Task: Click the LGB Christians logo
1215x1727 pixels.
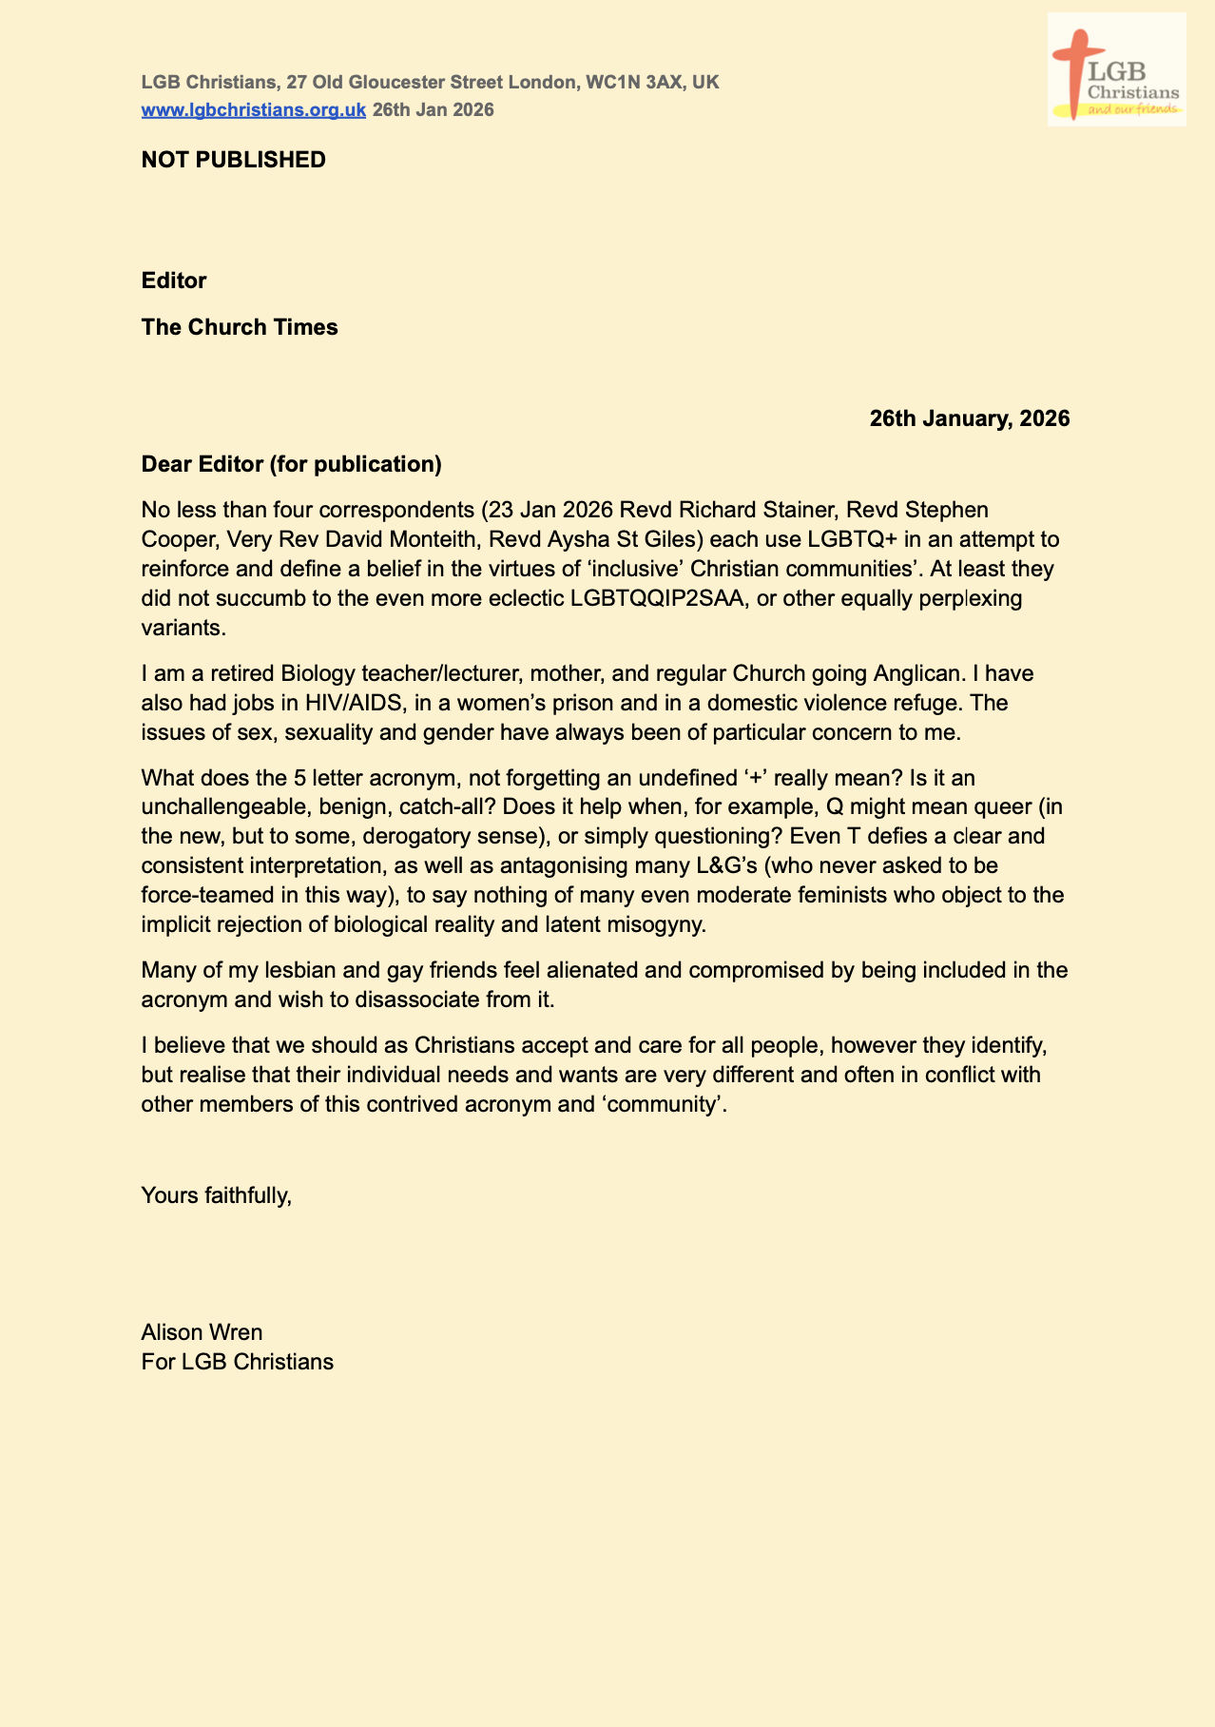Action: (x=1116, y=69)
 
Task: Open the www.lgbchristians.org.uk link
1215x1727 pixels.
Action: (x=253, y=109)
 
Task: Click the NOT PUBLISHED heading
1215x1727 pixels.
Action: (x=233, y=160)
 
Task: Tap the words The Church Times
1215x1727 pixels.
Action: (x=240, y=327)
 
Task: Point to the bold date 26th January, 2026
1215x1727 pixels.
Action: (x=969, y=418)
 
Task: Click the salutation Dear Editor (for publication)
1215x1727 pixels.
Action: (x=291, y=464)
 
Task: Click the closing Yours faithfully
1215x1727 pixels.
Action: (x=216, y=1194)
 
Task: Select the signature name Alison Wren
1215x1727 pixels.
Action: (x=202, y=1331)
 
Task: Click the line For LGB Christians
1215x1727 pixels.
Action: (x=237, y=1361)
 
